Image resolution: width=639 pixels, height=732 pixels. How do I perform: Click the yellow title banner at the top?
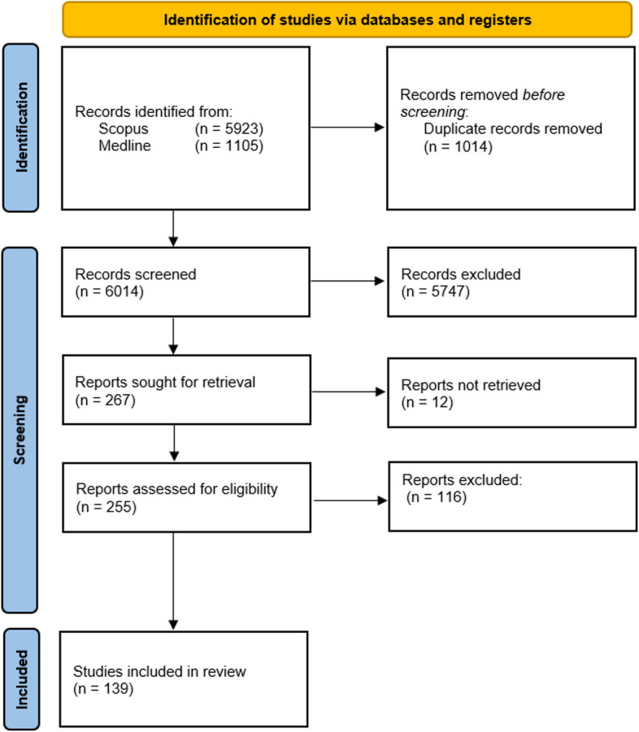click(347, 19)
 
